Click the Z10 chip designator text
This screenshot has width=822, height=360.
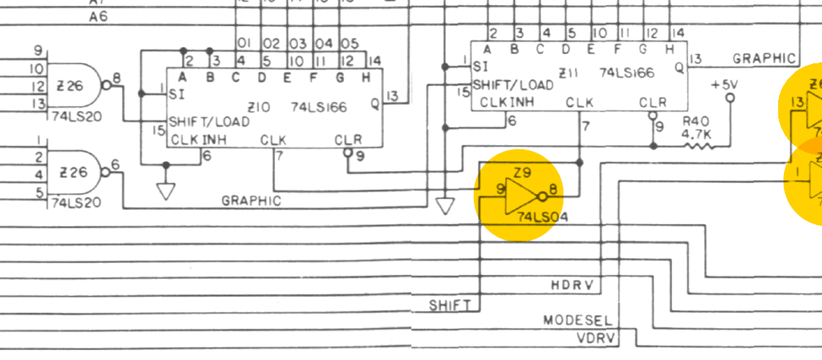coord(259,107)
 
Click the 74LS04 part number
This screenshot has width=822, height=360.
coord(542,217)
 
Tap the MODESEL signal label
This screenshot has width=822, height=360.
coord(578,321)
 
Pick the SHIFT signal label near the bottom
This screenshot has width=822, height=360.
coord(449,304)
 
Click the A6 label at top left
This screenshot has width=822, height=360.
coord(97,16)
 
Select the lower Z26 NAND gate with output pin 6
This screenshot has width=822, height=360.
coord(74,172)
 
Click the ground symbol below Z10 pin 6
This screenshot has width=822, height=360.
coord(166,191)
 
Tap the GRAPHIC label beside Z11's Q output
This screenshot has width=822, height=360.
coord(764,58)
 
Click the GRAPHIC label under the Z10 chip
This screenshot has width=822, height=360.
coord(251,201)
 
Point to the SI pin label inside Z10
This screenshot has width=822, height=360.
coord(177,94)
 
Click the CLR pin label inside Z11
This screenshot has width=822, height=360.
coord(653,103)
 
